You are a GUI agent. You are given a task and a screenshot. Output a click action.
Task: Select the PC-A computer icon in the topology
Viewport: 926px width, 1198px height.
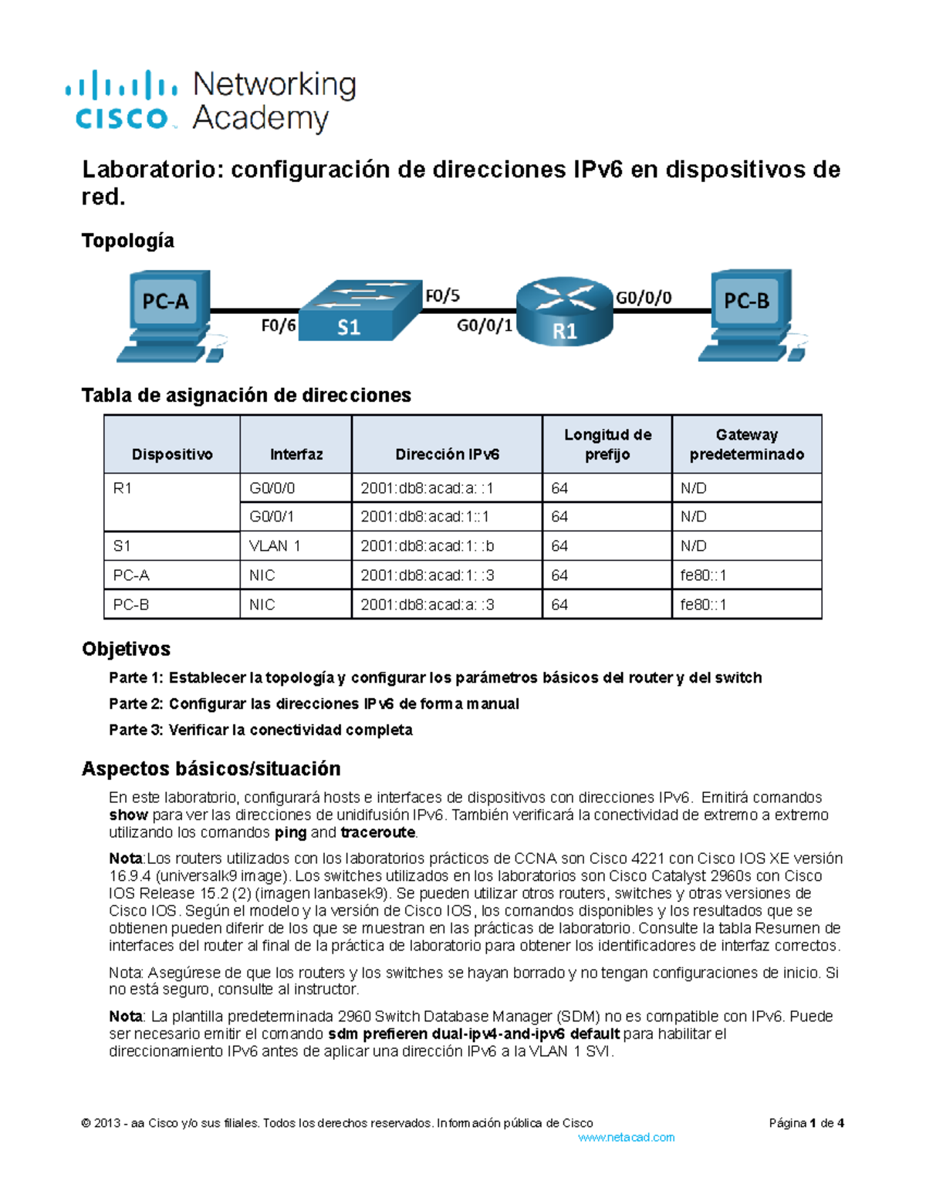166,312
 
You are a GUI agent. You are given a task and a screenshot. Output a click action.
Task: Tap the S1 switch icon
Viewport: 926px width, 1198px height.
359,311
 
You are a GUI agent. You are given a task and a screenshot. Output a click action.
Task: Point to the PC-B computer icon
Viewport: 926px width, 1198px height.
749,312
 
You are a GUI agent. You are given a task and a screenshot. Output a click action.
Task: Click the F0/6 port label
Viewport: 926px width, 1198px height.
279,326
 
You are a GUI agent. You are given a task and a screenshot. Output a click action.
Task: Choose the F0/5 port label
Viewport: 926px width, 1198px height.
442,295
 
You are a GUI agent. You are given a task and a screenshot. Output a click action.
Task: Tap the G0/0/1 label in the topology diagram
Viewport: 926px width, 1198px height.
485,326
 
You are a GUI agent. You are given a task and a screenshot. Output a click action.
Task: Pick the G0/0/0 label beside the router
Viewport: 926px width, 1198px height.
644,298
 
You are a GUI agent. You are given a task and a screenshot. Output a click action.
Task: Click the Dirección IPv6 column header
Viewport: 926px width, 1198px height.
447,454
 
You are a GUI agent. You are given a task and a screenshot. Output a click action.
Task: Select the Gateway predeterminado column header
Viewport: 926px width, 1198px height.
746,444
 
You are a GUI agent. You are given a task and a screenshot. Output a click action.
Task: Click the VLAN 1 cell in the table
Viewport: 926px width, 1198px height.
275,546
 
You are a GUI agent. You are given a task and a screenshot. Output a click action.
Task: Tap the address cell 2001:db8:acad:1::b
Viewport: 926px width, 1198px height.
427,546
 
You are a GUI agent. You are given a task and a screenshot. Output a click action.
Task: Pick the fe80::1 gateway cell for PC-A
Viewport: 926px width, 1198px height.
703,575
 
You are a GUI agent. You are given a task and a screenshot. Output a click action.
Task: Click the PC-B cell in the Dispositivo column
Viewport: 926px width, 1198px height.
131,605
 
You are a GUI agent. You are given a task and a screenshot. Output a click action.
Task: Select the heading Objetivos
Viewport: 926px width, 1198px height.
126,649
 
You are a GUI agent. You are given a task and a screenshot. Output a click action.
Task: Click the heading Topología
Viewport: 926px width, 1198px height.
127,241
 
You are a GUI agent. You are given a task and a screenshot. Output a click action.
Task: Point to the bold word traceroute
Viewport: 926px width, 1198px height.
378,832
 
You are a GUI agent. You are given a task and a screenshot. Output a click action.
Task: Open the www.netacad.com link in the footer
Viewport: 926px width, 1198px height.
626,1137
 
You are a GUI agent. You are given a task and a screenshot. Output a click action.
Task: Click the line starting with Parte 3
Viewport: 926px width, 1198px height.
261,730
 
